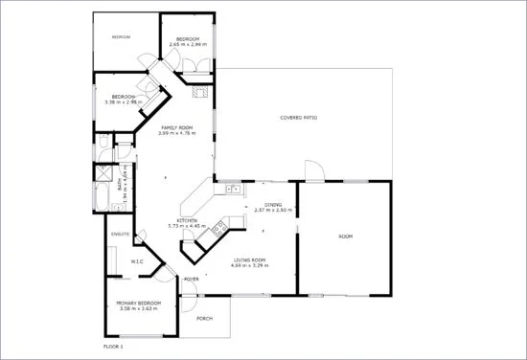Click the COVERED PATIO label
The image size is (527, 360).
tap(299, 118)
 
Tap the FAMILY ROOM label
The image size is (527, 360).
tap(176, 127)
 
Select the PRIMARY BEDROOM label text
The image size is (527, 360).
tap(140, 304)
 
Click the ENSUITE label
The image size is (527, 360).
tap(121, 233)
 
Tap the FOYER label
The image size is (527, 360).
tap(191, 279)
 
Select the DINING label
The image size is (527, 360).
tap(272, 204)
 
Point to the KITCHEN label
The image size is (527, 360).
tap(187, 221)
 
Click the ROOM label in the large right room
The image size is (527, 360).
tap(345, 236)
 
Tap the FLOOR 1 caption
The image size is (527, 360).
tap(114, 345)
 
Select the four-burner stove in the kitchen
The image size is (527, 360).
tap(218, 228)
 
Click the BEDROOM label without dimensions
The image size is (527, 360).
tap(121, 37)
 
